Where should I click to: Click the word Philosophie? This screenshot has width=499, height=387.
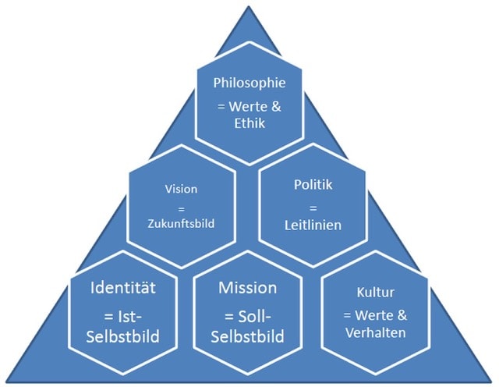coord(249,82)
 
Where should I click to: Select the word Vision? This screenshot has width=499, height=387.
coord(181,189)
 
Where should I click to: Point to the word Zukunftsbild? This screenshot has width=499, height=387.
coord(181,222)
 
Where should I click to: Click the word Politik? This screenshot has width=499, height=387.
coord(313,185)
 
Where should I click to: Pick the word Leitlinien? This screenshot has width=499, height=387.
coord(313,224)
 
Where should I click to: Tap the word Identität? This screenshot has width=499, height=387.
coord(124,288)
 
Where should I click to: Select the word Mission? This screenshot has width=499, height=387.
coord(248,288)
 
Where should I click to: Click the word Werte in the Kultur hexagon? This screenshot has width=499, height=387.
coord(381,314)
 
